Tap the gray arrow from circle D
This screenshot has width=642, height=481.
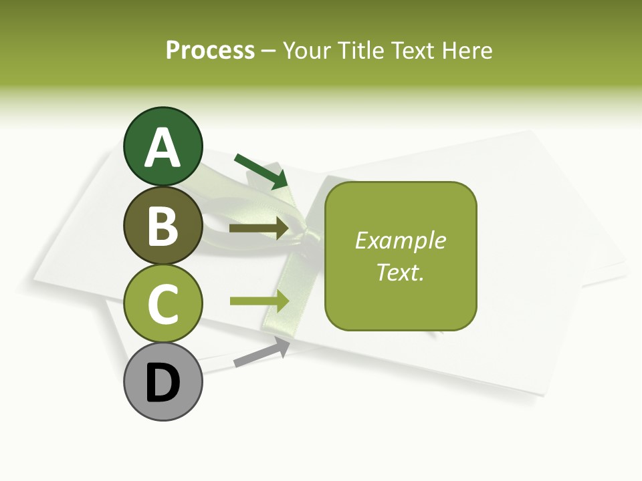pos(261,353)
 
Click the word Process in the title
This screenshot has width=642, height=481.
pos(210,50)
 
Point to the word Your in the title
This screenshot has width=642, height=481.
pos(306,50)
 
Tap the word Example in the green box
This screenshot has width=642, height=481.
pos(400,240)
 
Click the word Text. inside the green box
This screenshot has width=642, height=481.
pos(400,272)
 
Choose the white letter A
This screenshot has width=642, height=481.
pos(163,148)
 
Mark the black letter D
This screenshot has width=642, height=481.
pos(163,383)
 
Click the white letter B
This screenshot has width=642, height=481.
pos(163,226)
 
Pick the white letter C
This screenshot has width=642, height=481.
pos(163,305)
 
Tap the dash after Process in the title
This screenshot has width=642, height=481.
pos(269,51)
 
